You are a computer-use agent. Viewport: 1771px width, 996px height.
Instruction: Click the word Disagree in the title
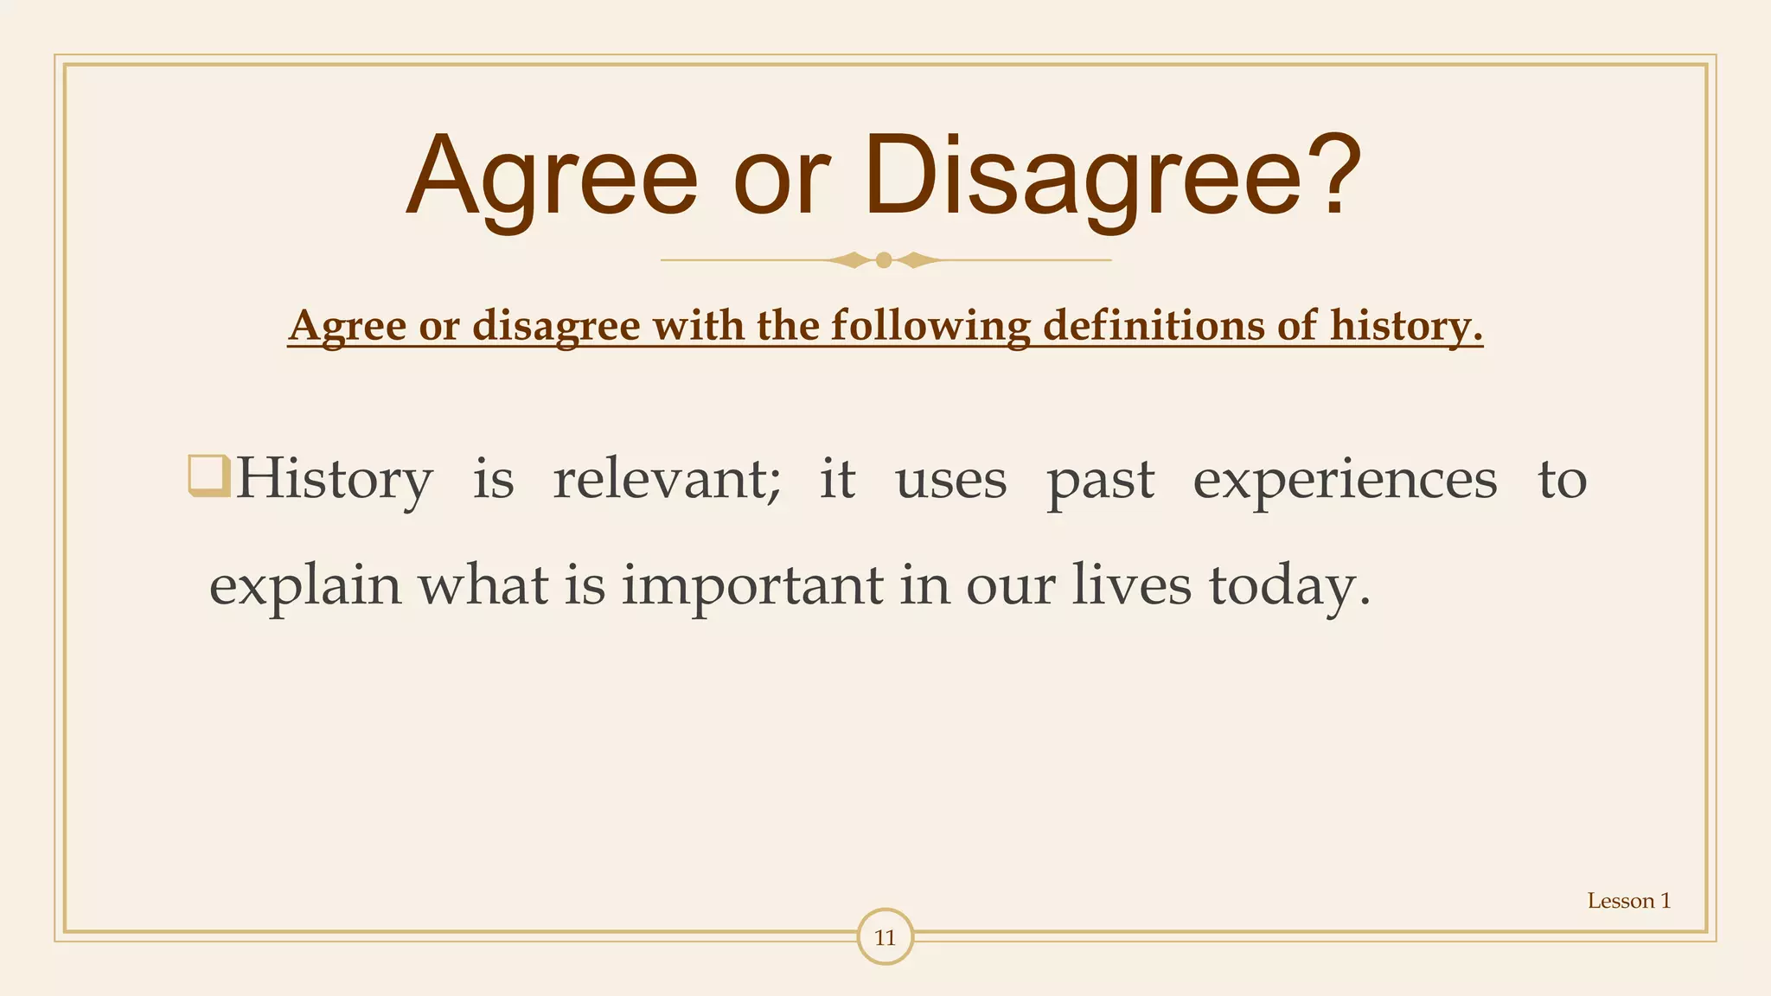(1081, 177)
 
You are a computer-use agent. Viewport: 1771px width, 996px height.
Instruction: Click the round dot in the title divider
(884, 259)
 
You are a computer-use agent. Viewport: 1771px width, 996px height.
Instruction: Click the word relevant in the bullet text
(666, 479)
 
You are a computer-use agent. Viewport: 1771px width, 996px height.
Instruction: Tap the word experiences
(1345, 481)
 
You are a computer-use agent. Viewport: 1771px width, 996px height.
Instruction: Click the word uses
(950, 481)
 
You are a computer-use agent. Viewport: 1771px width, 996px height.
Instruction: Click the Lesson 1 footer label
(1628, 901)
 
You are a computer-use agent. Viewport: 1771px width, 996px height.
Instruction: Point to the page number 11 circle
(885, 937)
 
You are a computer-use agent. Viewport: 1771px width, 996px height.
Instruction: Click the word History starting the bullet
(334, 479)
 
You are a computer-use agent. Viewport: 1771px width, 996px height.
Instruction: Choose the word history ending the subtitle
(1406, 326)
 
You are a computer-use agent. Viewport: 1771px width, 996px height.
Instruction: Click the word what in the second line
(483, 584)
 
